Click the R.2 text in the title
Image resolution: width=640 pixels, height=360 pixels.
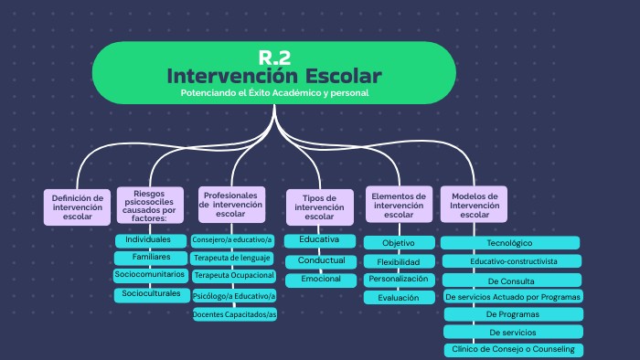pos(274,56)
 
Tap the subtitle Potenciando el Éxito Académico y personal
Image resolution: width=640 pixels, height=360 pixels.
pos(274,93)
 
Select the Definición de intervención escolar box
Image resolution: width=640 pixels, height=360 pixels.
pos(77,207)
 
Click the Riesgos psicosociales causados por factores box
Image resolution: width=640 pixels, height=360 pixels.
pos(149,206)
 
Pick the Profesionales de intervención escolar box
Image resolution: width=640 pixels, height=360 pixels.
pos(232,206)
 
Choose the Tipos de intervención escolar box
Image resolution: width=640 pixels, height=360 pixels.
pos(319,207)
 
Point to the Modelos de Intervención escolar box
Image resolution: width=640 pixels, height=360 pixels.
pos(475,206)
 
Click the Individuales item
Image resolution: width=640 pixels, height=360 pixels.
pos(148,239)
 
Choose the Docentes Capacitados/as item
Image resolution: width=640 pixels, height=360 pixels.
pos(234,314)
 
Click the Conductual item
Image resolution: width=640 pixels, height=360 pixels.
pos(320,260)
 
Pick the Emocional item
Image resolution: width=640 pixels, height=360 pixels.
pos(320,279)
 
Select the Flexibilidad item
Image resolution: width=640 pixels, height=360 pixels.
pos(399,261)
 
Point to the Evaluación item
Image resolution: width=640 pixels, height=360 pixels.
pos(399,297)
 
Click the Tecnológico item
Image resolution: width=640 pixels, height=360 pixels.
pos(511,243)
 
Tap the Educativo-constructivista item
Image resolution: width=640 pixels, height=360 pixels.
pos(511,261)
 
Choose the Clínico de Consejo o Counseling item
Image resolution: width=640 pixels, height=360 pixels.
pos(511,350)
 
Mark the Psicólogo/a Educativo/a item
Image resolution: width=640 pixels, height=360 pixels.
pos(234,295)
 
